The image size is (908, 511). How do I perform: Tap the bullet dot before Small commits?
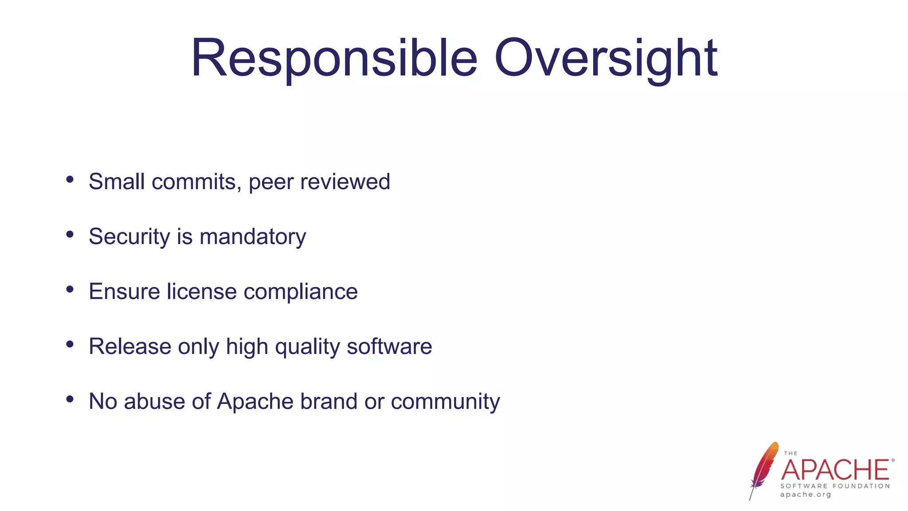coord(70,179)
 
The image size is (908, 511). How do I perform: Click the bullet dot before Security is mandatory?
coord(70,234)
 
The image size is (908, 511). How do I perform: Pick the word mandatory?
coord(253,237)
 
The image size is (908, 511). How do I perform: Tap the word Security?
coord(129,237)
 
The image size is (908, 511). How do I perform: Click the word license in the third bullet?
coord(202,292)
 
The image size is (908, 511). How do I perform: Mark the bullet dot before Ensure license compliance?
coord(70,289)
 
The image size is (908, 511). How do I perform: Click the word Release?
coord(130,346)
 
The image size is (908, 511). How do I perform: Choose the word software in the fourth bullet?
coord(389,346)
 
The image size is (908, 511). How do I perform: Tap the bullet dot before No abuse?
coord(70,399)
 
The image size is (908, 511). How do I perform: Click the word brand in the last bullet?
coord(329,401)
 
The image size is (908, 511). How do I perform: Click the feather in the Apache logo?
coord(763,470)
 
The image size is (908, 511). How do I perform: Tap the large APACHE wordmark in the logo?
coord(835,470)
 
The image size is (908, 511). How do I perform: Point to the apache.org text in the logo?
coord(805,495)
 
